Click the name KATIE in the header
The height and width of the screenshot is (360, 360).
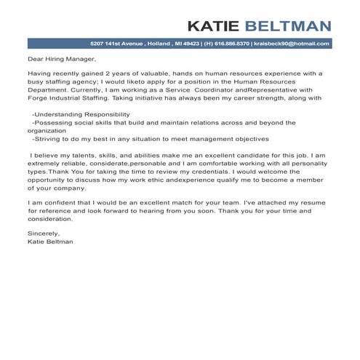212,27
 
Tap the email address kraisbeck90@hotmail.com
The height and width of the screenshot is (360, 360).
292,44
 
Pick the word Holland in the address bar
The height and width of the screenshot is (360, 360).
155,44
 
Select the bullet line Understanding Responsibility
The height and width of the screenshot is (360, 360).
82,114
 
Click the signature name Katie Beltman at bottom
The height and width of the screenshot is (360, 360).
50,241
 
